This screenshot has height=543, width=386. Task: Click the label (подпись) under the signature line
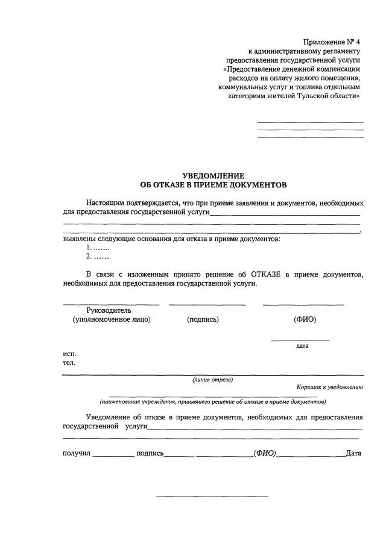[x=203, y=319]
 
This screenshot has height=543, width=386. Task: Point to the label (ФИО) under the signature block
[x=305, y=319]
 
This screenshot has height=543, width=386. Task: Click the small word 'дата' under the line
[x=302, y=346]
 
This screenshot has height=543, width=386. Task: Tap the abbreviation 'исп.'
[x=69, y=354]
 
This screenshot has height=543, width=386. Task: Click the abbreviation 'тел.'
[x=69, y=363]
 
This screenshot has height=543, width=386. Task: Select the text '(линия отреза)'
[x=212, y=380]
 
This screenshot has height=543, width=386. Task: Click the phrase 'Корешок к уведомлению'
[x=329, y=387]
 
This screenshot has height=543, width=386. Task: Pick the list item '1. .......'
[x=97, y=248]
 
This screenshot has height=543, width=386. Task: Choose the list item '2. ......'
[x=97, y=257]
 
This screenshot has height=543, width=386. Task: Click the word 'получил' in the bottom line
[x=76, y=453]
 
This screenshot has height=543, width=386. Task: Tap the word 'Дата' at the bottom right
[x=353, y=453]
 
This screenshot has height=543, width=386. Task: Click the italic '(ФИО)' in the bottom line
[x=265, y=453]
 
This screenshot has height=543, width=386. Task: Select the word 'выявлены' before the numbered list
[x=78, y=239]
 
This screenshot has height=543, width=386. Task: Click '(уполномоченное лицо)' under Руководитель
[x=112, y=319]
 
